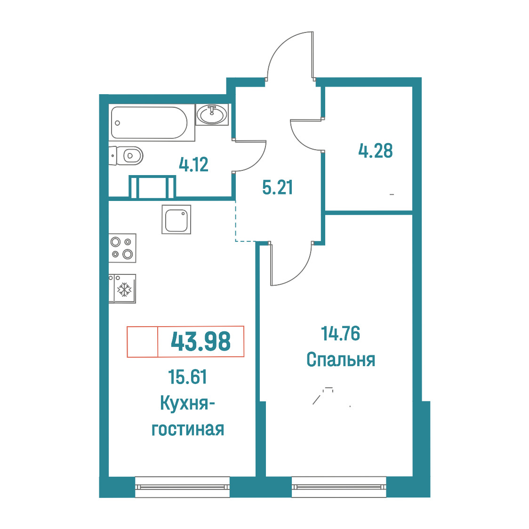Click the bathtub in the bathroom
click(149, 122)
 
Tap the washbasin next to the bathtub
click(212, 114)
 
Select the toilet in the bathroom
click(126, 155)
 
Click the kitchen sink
click(176, 219)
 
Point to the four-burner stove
click(122, 248)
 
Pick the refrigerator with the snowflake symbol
click(122, 289)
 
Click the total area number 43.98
click(201, 341)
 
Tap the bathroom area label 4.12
click(193, 165)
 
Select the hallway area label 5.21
click(277, 187)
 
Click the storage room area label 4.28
click(376, 151)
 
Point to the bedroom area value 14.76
click(341, 333)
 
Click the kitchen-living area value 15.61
click(188, 377)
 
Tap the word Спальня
click(341, 360)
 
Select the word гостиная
click(188, 429)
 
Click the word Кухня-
click(188, 403)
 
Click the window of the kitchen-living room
click(182, 487)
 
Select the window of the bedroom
click(339, 487)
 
